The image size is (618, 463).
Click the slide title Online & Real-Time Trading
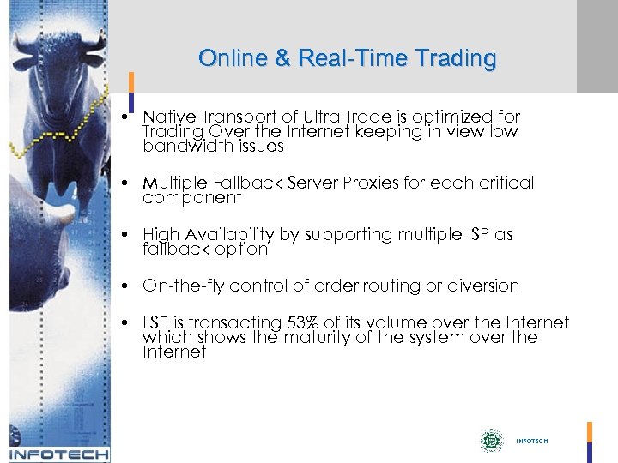(x=347, y=58)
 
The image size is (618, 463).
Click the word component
(x=192, y=197)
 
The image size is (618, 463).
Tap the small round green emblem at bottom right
(x=491, y=441)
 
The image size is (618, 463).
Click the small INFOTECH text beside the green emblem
(x=531, y=441)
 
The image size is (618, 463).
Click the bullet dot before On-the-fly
(x=125, y=286)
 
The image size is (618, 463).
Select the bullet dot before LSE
(x=125, y=322)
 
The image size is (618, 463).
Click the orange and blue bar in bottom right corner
(x=590, y=441)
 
